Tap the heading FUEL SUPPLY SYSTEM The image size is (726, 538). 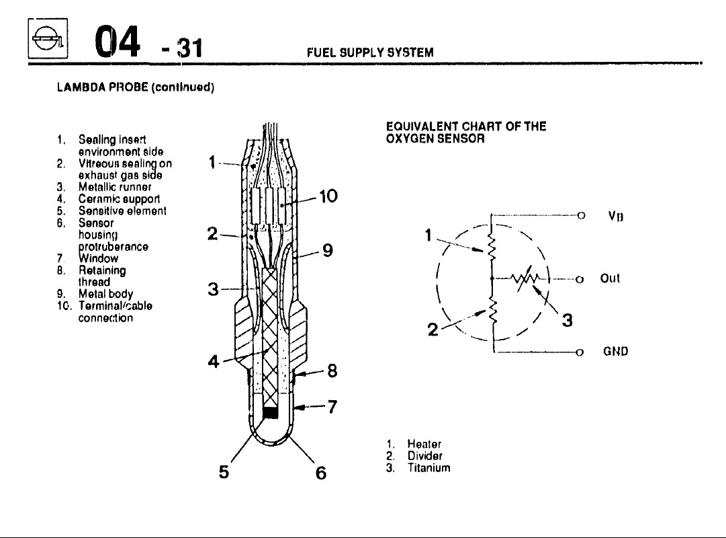point(369,52)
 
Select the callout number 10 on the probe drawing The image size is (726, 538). point(328,197)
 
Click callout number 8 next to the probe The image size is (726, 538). point(331,371)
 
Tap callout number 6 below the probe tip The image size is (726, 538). point(320,473)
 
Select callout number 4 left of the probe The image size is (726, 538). point(214,362)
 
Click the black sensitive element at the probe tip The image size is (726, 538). point(270,413)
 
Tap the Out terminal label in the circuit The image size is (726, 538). point(610,278)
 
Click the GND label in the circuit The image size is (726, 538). point(615,351)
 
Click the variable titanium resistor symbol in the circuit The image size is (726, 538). point(525,278)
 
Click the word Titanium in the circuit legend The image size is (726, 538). point(428,468)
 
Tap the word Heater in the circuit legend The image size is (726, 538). point(424,445)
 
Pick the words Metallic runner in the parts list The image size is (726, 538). point(115,186)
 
